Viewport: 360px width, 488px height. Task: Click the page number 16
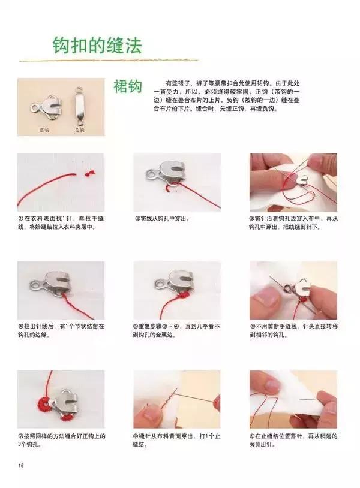coord(21,466)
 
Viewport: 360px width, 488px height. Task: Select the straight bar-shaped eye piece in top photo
coord(78,105)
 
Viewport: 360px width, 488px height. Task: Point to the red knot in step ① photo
coord(91,173)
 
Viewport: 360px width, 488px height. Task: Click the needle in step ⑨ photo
coord(311,398)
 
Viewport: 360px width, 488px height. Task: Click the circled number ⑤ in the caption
coord(136,327)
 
